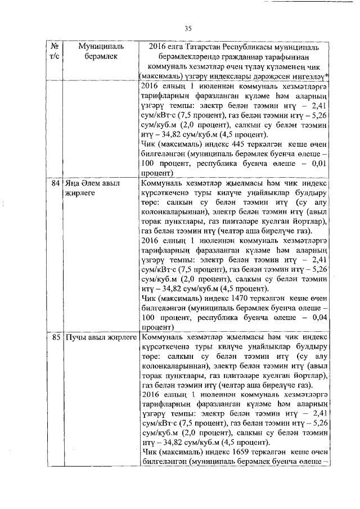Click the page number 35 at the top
pyautogui.click(x=188, y=29)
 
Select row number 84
pyautogui.click(x=55, y=183)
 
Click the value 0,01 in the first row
pyautogui.click(x=317, y=164)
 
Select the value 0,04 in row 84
pyautogui.click(x=317, y=317)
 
